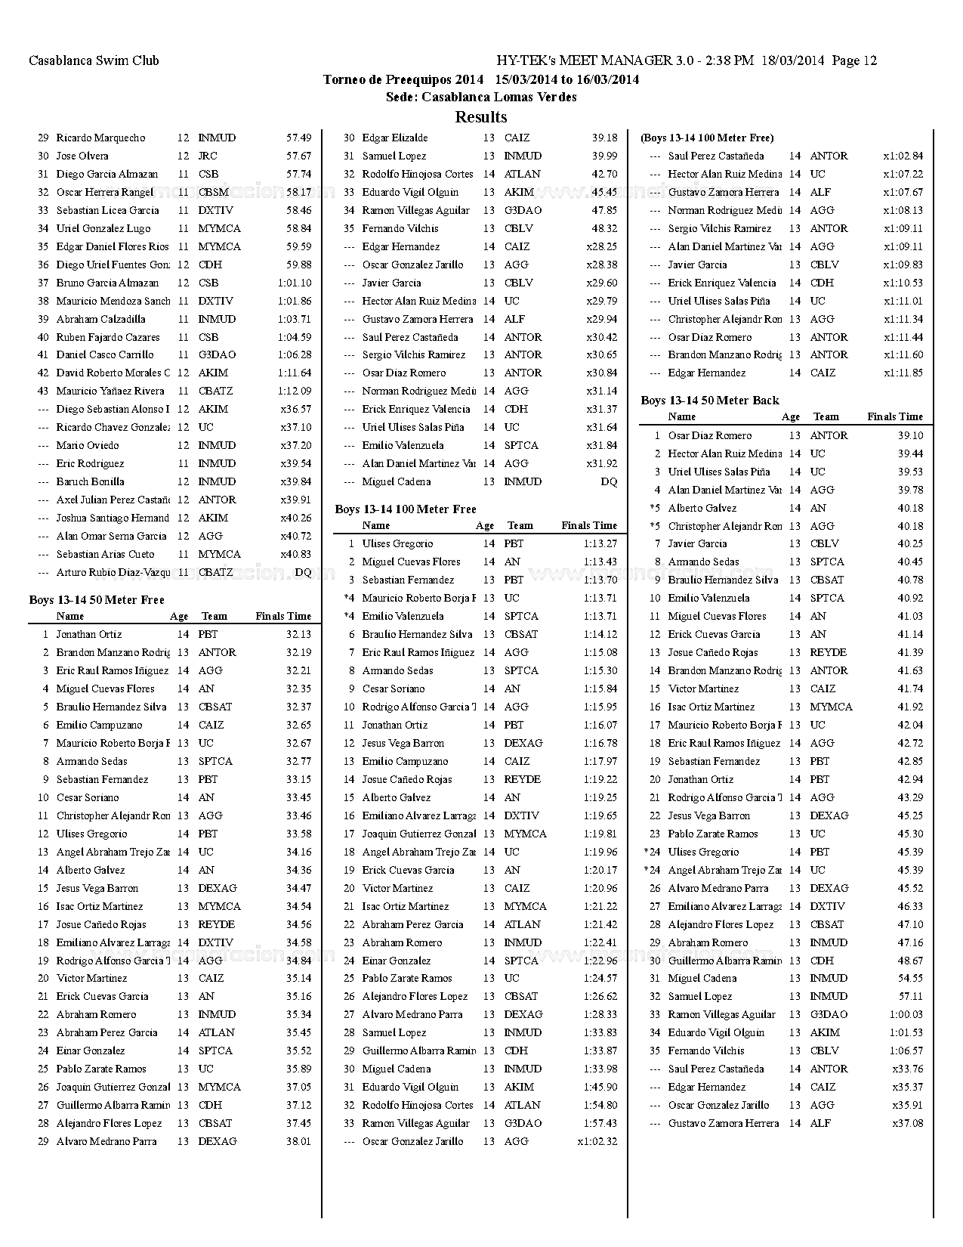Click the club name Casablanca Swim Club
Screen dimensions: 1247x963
click(x=94, y=60)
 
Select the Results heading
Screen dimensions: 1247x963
click(x=481, y=117)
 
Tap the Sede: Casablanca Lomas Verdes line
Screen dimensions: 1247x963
click(x=481, y=97)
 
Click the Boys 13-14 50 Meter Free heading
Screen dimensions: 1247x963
click(x=97, y=600)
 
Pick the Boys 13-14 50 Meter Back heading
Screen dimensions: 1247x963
click(x=709, y=401)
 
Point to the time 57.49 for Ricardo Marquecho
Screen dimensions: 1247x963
click(x=298, y=138)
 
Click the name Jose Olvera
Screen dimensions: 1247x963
click(x=82, y=156)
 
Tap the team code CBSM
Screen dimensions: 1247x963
click(x=213, y=192)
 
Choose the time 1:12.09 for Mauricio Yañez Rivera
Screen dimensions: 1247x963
click(x=294, y=391)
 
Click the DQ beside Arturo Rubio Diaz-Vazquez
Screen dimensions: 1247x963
click(x=302, y=572)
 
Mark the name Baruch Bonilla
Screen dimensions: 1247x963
click(x=91, y=481)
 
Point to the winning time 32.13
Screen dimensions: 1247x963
click(x=298, y=635)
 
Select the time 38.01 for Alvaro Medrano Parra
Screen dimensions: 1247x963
click(x=298, y=1141)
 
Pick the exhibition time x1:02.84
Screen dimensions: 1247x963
click(x=903, y=156)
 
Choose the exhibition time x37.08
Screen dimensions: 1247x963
click(x=907, y=1123)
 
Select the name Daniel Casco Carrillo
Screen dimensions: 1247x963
click(x=105, y=354)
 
